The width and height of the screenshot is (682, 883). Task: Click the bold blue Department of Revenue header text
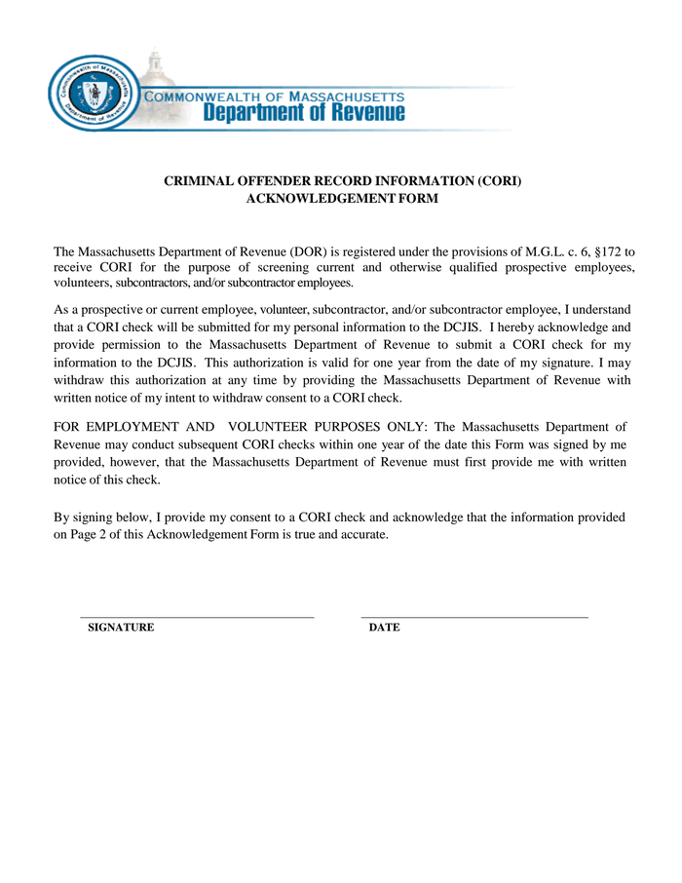click(x=303, y=114)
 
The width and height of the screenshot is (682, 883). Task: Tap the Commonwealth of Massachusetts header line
click(x=274, y=96)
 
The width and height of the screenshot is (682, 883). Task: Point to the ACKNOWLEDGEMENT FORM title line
click(x=342, y=199)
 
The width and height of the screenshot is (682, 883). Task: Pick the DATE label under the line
click(x=384, y=628)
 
